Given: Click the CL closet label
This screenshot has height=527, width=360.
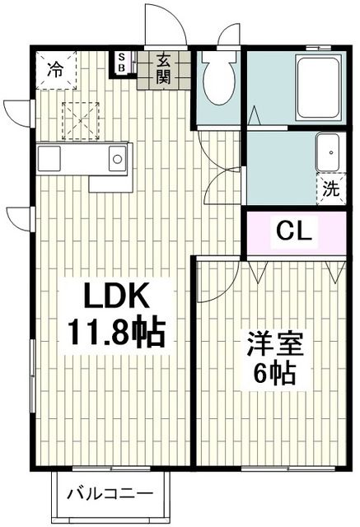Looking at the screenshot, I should [x=293, y=231].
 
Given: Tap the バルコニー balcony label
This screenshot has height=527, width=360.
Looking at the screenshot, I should [x=110, y=495].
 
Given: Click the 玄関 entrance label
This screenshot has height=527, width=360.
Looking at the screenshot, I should [x=163, y=68].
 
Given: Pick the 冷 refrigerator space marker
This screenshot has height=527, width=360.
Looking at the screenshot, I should [x=54, y=69].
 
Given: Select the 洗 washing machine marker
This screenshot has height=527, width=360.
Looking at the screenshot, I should [x=330, y=188].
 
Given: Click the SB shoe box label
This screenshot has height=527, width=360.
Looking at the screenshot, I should [x=122, y=63].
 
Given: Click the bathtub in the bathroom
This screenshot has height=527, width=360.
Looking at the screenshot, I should [x=319, y=89].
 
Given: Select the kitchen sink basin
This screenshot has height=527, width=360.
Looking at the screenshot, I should [x=117, y=156].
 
